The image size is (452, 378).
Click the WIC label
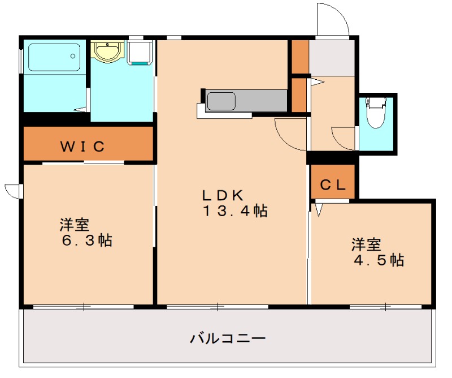click(x=82, y=147)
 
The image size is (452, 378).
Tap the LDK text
click(x=223, y=195)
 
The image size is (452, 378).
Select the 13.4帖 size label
click(x=235, y=212)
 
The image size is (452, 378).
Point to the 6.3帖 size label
click(x=86, y=240)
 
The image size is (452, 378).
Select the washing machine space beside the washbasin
click(x=140, y=52)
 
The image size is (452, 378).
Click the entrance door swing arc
click(x=332, y=20)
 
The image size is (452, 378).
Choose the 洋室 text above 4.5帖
click(x=367, y=244)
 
